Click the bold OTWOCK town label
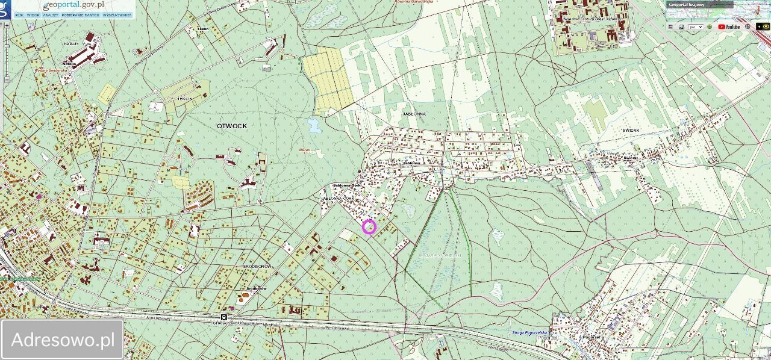coord(232,126)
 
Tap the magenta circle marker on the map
coord(369,227)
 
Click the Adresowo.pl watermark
coord(63,340)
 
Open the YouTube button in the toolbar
coord(729,26)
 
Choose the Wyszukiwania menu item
coord(117,15)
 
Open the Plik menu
coord(19,15)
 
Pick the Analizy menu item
coord(51,15)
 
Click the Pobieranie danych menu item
coord(80,15)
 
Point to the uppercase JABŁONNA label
coord(414,113)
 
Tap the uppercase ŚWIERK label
coord(631,130)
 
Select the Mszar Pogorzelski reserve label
coord(440,255)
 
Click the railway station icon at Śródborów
coord(224,317)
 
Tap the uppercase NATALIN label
coord(72,44)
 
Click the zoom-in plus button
coord(7,26)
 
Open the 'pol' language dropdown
coord(696,26)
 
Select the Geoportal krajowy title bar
coord(699,5)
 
